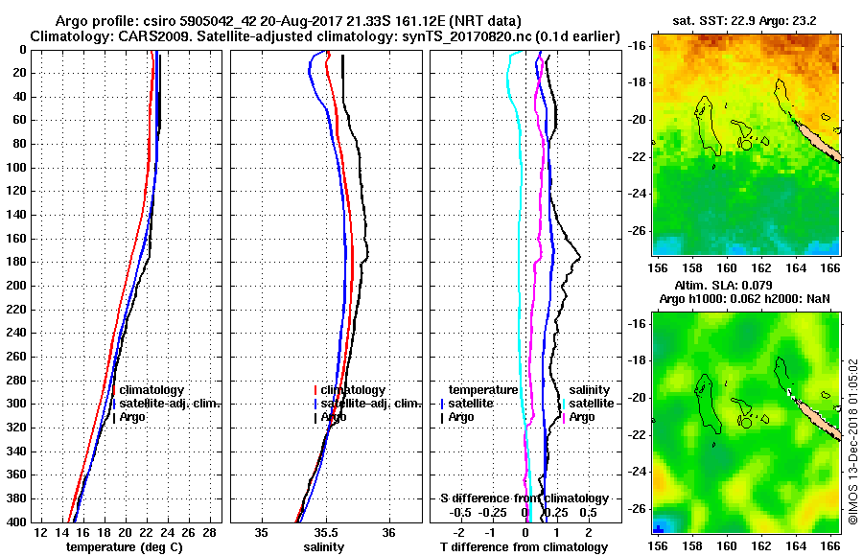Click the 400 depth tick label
(16, 521)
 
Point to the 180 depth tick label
(16, 262)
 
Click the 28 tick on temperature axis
(208, 532)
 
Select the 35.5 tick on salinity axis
(326, 532)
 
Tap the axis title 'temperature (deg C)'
(124, 547)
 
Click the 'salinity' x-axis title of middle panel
(326, 547)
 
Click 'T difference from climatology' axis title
(524, 547)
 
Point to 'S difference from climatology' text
(524, 498)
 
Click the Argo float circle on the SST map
(745, 145)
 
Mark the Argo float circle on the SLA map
(745, 422)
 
